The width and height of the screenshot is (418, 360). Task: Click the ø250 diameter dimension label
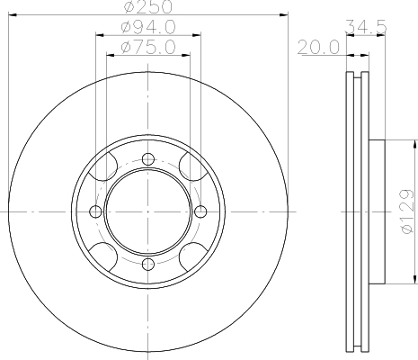pyautogui.click(x=148, y=8)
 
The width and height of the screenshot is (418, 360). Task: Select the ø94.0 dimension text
pyautogui.click(x=148, y=29)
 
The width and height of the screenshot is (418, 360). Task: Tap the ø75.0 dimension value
pyautogui.click(x=148, y=46)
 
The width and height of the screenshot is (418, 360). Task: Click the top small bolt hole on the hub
pyautogui.click(x=148, y=159)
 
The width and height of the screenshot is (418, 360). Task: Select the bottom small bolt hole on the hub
pyautogui.click(x=148, y=264)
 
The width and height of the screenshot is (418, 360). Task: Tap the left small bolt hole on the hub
pyautogui.click(x=96, y=211)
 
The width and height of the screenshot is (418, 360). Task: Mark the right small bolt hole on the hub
pyautogui.click(x=200, y=211)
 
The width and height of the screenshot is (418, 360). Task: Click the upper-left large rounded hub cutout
pyautogui.click(x=105, y=168)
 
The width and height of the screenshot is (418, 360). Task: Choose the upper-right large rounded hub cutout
pyautogui.click(x=191, y=168)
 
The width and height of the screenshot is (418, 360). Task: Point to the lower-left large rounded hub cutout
pyautogui.click(x=105, y=255)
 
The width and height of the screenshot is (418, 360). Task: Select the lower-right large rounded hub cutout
pyautogui.click(x=191, y=255)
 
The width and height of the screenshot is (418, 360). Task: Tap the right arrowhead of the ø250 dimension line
pyautogui.click(x=286, y=15)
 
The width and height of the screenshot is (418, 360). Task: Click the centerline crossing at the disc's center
pyautogui.click(x=148, y=211)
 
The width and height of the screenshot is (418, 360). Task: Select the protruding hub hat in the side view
pyautogui.click(x=376, y=211)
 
